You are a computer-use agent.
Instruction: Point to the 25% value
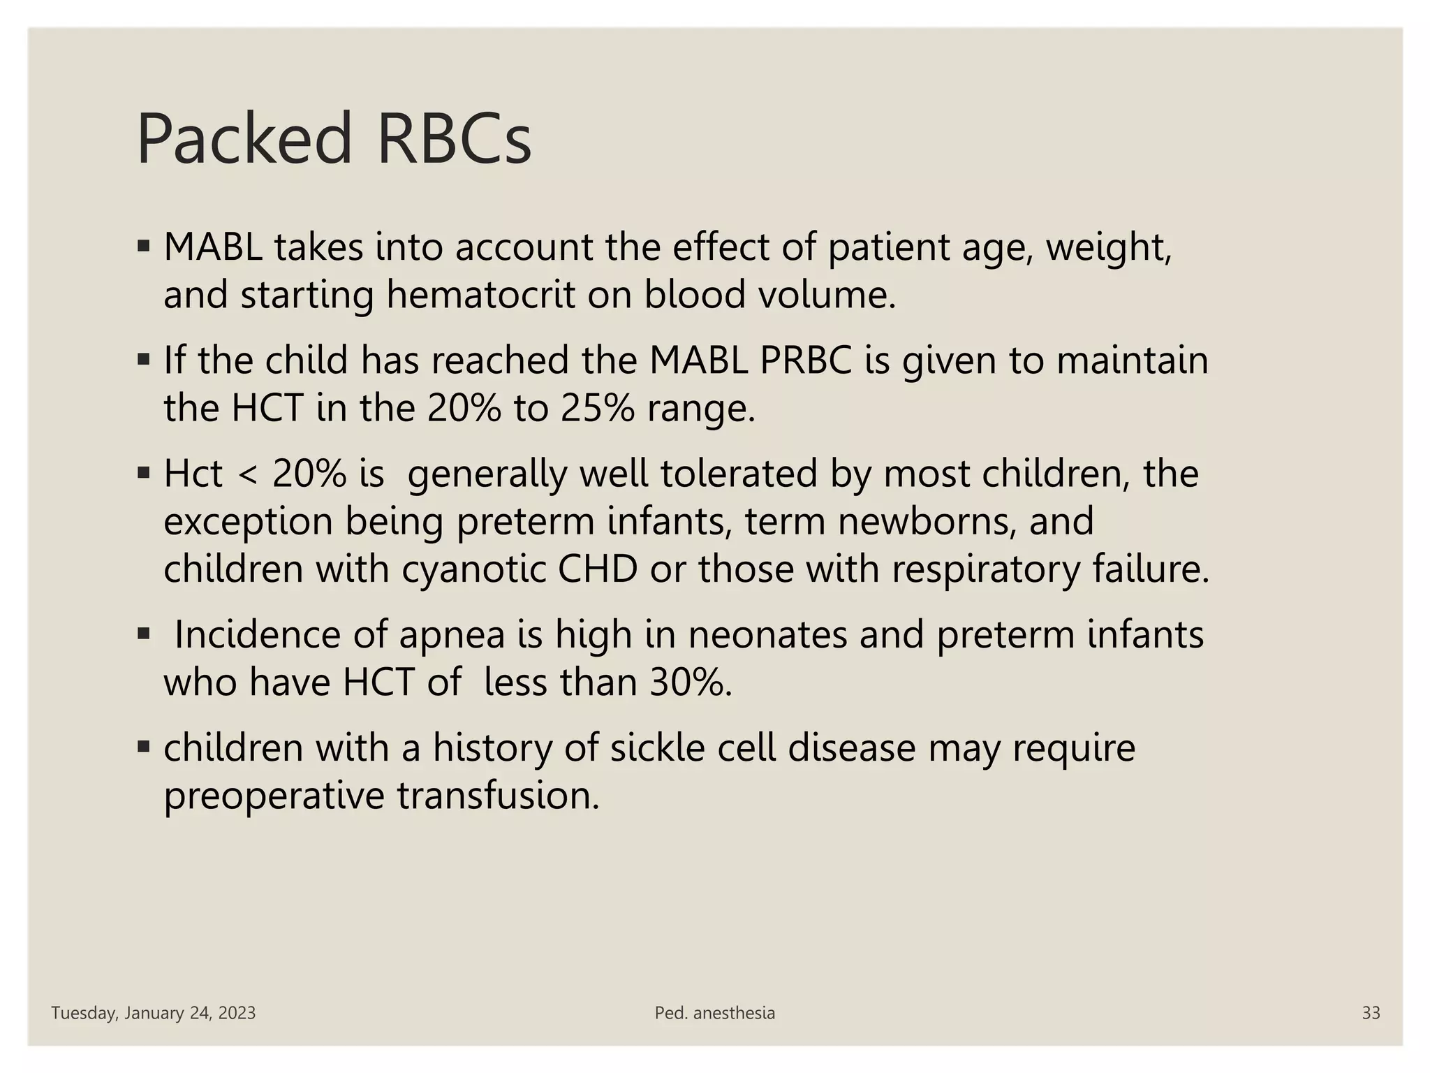(x=598, y=408)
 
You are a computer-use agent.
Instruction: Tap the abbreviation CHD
(x=598, y=569)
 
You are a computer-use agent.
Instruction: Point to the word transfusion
(x=499, y=796)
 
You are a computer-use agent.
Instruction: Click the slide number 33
(x=1371, y=1013)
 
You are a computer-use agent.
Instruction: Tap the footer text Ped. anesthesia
(x=715, y=1013)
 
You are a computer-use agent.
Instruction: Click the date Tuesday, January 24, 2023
(x=154, y=1013)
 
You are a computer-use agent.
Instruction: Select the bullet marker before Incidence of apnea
(x=144, y=634)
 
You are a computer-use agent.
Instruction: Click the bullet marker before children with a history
(x=144, y=747)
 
